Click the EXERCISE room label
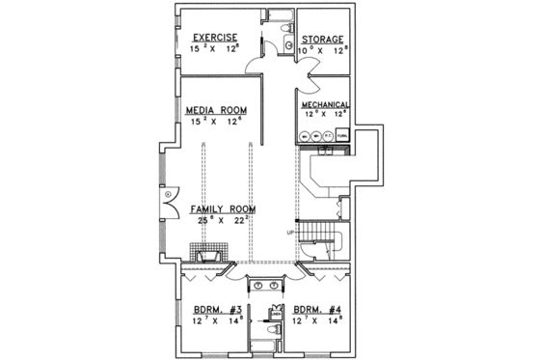[x=208, y=38]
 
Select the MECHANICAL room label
[x=324, y=104]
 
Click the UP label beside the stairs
[x=289, y=233]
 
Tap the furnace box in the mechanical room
[x=341, y=135]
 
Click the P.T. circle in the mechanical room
[x=328, y=135]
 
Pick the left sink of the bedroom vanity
[x=257, y=285]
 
